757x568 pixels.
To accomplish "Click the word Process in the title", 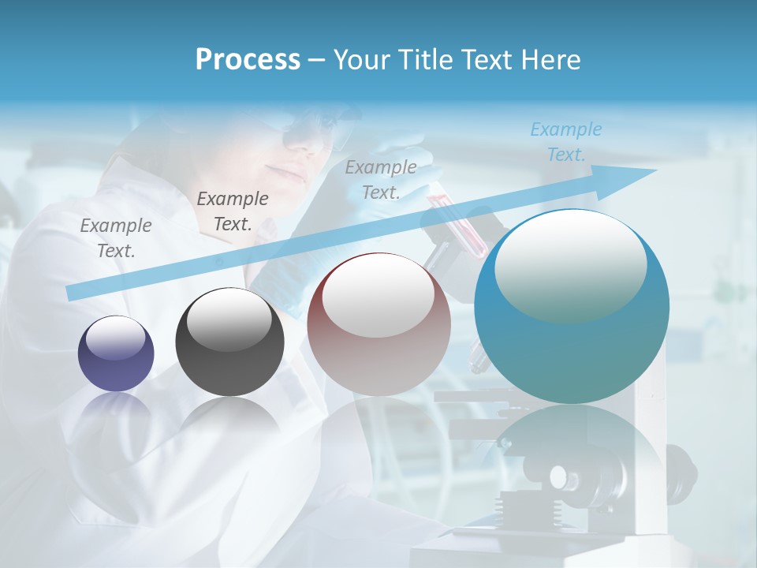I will [248, 60].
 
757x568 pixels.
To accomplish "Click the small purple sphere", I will [116, 353].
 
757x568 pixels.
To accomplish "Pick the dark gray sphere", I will [229, 342].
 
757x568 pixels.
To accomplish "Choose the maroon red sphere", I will [378, 324].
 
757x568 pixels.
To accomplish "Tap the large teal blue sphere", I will [572, 308].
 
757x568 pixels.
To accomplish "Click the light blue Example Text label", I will [565, 142].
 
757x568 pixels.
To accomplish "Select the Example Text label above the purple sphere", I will [116, 237].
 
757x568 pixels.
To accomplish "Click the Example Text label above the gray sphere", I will [233, 211].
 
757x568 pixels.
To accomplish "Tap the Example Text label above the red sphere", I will [381, 179].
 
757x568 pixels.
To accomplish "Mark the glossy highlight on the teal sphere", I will [570, 266].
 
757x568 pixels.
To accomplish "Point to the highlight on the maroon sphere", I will [378, 293].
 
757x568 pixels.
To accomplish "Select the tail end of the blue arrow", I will [75, 293].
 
